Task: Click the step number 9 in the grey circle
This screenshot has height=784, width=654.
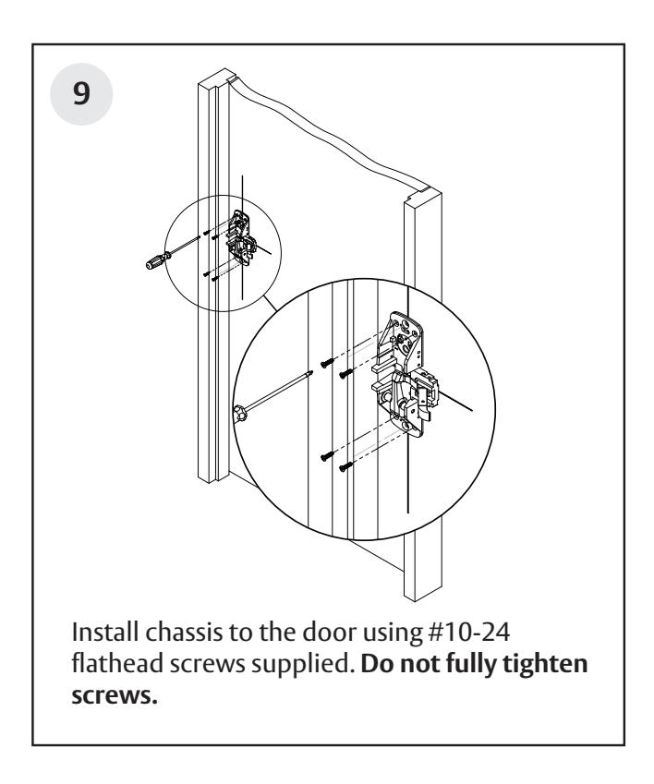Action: [x=81, y=93]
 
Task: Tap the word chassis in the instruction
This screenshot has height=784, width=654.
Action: [x=184, y=632]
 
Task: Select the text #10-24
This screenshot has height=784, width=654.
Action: [x=469, y=632]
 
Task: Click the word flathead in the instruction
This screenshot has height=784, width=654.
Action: [x=117, y=664]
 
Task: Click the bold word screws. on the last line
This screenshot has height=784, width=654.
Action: [x=115, y=696]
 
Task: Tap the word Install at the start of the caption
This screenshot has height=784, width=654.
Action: [x=105, y=632]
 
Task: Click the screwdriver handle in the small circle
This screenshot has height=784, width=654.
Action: [x=158, y=261]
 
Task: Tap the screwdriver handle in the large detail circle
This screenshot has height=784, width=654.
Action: [x=240, y=413]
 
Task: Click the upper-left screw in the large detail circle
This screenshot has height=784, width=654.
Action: [x=327, y=363]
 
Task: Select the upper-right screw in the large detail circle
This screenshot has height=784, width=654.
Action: [x=346, y=373]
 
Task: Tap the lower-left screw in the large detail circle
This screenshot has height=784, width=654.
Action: [x=327, y=455]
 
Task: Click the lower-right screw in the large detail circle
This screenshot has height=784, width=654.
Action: [x=346, y=467]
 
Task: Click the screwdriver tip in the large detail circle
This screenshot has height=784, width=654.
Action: [x=311, y=372]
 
